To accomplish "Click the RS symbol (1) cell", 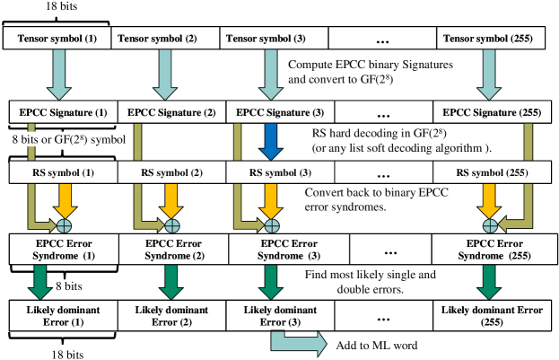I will [x=64, y=173].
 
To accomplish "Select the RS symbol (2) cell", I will [x=171, y=173].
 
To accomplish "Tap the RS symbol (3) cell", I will [x=280, y=173].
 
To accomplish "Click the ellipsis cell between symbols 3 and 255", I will [x=384, y=173].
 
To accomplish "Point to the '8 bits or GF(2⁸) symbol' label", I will [x=69, y=139].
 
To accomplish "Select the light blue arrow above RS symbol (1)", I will [x=59, y=73].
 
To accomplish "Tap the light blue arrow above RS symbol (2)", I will [x=164, y=73].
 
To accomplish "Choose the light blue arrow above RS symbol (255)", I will [x=489, y=73].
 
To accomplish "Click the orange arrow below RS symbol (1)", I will [x=65, y=199].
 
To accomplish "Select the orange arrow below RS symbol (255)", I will [x=489, y=199].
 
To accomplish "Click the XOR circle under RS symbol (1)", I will [x=65, y=225].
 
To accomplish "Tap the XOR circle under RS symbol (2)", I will [x=170, y=225].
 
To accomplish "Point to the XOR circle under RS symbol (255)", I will [x=490, y=225].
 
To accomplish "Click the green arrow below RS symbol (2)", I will [x=170, y=280].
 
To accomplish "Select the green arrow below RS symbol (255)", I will [x=489, y=280].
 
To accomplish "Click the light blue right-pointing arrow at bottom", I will [x=299, y=343].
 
